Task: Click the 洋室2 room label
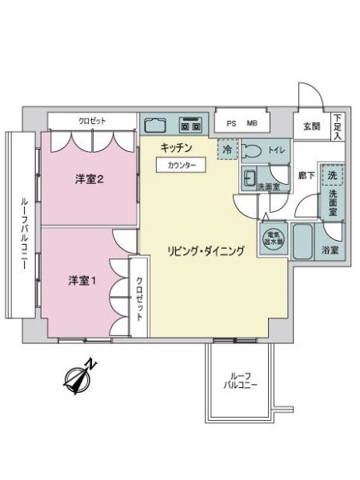(x=89, y=179)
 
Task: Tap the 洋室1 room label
(x=82, y=281)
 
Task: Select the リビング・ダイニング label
(x=206, y=250)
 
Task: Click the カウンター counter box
(x=182, y=166)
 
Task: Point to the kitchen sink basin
(x=155, y=125)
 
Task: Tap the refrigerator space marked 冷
(x=228, y=150)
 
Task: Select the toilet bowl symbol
(x=251, y=151)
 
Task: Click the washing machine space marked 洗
(x=332, y=175)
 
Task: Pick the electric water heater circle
(x=274, y=238)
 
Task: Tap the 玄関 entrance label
(x=312, y=126)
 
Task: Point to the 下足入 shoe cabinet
(x=338, y=126)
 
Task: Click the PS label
(x=231, y=124)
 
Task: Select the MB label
(x=252, y=124)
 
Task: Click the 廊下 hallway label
(x=306, y=175)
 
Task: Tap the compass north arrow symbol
(x=79, y=376)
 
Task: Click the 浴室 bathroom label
(x=330, y=250)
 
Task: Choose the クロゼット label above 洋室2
(x=92, y=121)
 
